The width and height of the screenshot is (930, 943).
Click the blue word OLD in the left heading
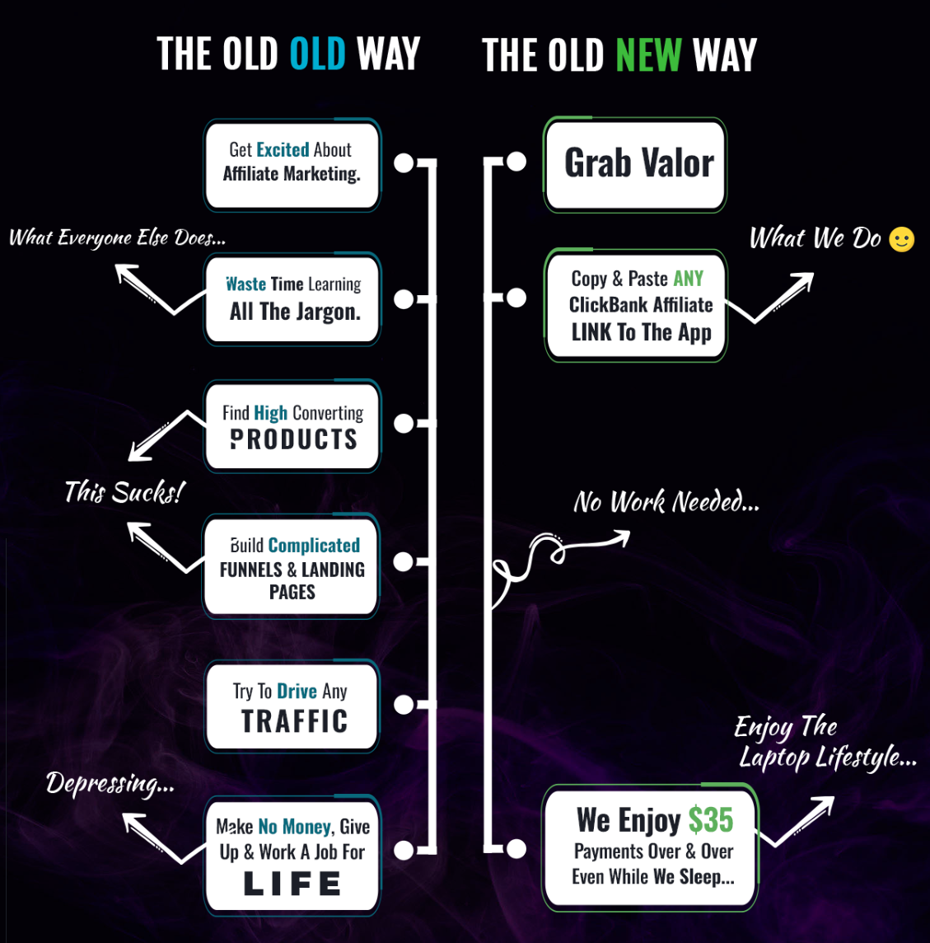317,54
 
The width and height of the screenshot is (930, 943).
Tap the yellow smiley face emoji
902,240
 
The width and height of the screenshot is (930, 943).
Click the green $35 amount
710,820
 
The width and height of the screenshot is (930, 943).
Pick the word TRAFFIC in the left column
294,721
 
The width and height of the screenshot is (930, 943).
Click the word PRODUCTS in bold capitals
293,439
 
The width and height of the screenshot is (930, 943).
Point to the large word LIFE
292,884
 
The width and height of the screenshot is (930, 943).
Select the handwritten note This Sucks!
124,492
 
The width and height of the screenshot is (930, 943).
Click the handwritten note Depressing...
110,782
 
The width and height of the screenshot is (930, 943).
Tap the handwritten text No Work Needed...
666,501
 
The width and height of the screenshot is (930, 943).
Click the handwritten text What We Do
815,239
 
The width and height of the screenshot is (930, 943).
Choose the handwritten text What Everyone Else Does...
117,238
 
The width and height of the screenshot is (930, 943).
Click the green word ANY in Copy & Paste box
688,279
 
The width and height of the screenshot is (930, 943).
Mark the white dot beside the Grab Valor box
516,162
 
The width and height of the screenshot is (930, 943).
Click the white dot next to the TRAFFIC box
404,705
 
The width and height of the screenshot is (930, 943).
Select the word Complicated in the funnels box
314,545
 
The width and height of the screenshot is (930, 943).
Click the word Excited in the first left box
283,149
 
